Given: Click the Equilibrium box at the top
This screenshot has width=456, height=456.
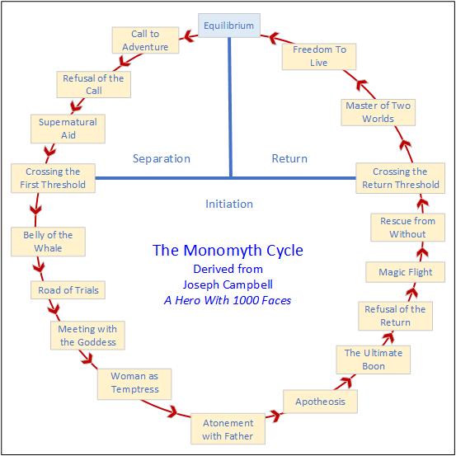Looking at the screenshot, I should (229, 26).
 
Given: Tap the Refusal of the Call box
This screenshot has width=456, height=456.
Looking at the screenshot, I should (93, 85).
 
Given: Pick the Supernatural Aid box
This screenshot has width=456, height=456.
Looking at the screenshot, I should (68, 128).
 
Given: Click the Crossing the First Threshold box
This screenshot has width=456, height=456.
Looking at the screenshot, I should (53, 178).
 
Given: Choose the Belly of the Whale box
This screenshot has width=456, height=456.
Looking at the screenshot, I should (48, 242).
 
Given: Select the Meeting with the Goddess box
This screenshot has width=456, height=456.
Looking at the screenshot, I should (87, 336).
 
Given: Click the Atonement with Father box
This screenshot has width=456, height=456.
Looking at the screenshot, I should (228, 429).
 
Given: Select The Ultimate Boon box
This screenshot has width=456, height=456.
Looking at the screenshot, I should (374, 360).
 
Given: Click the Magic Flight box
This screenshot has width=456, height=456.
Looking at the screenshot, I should (405, 272).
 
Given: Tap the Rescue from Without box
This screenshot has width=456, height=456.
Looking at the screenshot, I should (408, 228).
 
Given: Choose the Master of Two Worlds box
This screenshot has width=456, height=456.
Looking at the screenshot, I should (378, 112).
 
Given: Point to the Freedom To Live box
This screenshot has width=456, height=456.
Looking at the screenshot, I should (319, 56).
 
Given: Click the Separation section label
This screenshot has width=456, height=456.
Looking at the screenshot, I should (162, 158).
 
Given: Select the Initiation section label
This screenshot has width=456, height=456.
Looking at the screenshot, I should (229, 204).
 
